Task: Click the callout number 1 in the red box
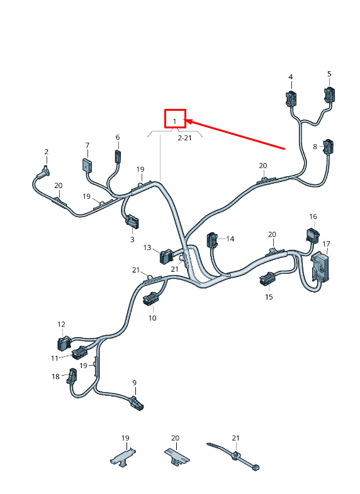[x=175, y=121]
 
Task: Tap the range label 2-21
[x=184, y=138]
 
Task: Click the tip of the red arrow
[x=187, y=120]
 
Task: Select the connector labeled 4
[x=291, y=98]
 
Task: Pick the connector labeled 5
[x=329, y=94]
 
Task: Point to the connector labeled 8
[x=328, y=147]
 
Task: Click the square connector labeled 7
[x=87, y=165]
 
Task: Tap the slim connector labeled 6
[x=118, y=155]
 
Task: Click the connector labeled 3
[x=133, y=221]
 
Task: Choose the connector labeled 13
[x=166, y=256]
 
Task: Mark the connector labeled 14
[x=212, y=240]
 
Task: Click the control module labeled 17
[x=320, y=266]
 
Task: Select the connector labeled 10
[x=150, y=298]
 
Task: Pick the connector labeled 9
[x=137, y=403]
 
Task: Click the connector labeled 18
[x=72, y=376]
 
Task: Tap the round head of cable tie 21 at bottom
[x=235, y=454]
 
